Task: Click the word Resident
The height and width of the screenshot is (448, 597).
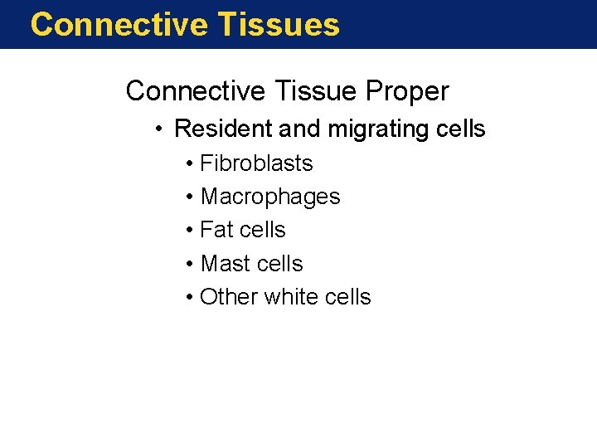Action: [220, 129]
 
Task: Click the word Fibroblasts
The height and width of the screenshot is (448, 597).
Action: [256, 163]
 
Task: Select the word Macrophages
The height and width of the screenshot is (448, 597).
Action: [270, 197]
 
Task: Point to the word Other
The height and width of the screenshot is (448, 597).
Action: [229, 297]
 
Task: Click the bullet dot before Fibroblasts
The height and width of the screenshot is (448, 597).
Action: [189, 164]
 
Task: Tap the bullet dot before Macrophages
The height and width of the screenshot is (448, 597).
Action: [189, 197]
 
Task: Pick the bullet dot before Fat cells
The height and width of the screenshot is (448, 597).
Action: [189, 231]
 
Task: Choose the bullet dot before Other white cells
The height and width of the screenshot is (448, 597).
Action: [189, 298]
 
